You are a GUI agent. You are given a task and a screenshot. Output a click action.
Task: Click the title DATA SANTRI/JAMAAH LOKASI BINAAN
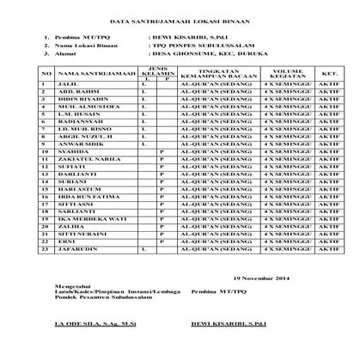click(x=180, y=18)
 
